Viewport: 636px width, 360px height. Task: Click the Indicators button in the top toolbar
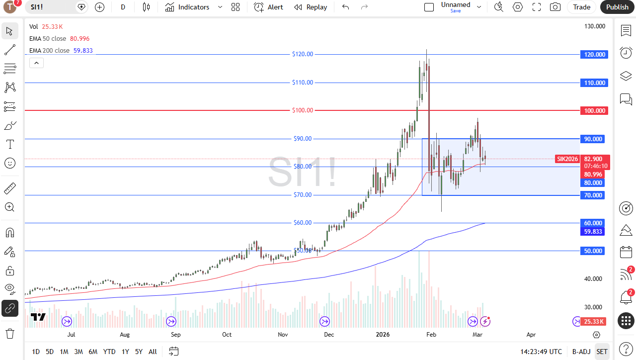(x=187, y=7)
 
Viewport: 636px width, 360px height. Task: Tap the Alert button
(x=268, y=7)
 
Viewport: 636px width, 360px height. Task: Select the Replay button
(x=311, y=7)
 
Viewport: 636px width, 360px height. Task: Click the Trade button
(x=581, y=7)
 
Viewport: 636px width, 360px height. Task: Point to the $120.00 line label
(x=303, y=54)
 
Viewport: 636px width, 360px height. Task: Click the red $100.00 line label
(x=303, y=110)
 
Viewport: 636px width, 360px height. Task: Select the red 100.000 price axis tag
(x=594, y=110)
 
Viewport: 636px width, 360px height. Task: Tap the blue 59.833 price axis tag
(x=593, y=232)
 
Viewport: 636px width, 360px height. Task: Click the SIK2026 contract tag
(x=567, y=159)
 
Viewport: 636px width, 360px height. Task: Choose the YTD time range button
(x=109, y=352)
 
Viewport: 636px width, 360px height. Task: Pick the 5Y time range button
(x=139, y=352)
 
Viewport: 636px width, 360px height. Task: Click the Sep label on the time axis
(x=176, y=335)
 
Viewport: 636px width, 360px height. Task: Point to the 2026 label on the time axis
(x=383, y=335)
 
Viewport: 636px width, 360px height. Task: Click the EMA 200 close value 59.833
(x=83, y=51)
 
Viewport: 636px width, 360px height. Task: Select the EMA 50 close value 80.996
(x=79, y=39)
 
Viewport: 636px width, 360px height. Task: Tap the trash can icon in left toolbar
(x=10, y=333)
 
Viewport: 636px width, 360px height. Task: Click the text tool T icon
(x=10, y=144)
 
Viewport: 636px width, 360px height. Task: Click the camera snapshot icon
(x=555, y=7)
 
